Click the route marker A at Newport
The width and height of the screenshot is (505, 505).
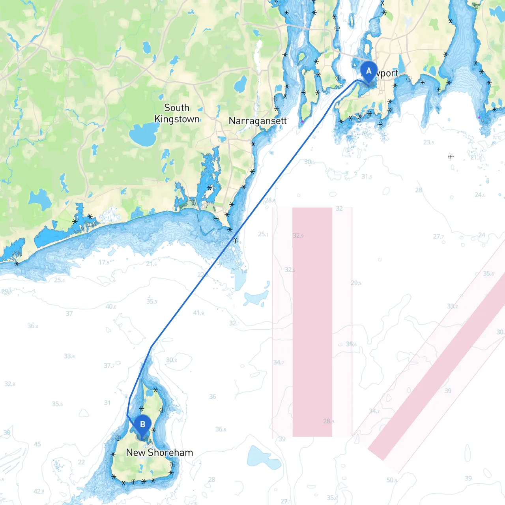[368, 71]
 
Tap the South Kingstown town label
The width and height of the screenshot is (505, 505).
[177, 113]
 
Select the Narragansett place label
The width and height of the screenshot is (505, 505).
[258, 121]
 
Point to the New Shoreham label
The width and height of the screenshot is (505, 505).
[159, 453]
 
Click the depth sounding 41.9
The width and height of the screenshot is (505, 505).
[198, 313]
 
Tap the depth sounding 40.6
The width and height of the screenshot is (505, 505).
[111, 307]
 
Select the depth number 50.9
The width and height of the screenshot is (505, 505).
[392, 480]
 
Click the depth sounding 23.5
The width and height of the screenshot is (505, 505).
[428, 142]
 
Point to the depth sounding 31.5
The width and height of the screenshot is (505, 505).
[367, 176]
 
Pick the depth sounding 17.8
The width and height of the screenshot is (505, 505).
[104, 262]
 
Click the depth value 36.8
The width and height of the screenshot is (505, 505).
[221, 429]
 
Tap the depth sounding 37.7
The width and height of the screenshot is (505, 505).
[109, 366]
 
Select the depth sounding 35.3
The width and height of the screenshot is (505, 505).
[152, 301]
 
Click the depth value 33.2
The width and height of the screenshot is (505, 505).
[452, 306]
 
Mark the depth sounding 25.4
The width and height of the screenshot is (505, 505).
[60, 280]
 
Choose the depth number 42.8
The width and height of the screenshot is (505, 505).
[39, 491]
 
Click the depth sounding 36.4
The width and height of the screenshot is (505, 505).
[33, 326]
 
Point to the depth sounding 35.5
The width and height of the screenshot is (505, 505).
[57, 404]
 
